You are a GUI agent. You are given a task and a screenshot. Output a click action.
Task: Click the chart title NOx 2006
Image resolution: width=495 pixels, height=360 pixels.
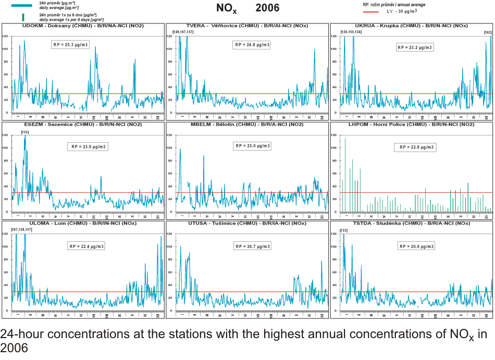[247, 8]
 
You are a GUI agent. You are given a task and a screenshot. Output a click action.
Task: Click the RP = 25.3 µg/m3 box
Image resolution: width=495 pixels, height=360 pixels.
[71, 45]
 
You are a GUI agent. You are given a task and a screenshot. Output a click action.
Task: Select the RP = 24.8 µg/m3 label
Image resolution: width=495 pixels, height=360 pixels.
[252, 45]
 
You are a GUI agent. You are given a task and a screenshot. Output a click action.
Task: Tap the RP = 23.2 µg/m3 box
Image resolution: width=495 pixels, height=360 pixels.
[415, 47]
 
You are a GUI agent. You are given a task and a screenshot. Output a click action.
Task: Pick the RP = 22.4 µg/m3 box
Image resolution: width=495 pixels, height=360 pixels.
[86, 246]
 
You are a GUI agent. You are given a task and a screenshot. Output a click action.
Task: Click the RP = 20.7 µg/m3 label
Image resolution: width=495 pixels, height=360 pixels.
[252, 246]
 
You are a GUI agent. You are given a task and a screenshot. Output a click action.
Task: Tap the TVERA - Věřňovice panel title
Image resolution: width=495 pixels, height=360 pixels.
[247, 26]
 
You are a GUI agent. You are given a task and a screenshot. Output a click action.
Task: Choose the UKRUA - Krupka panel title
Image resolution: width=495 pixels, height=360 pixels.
[411, 26]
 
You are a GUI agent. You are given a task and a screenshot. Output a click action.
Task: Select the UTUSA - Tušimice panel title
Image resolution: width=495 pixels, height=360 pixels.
[247, 224]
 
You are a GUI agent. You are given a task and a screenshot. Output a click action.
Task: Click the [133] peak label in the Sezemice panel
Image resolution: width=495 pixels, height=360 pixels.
[24, 132]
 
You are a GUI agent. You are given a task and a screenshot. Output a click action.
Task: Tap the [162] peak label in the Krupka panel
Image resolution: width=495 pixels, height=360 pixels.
[487, 32]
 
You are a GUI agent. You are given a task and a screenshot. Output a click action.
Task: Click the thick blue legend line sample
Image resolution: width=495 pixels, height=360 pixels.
[21, 5]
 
